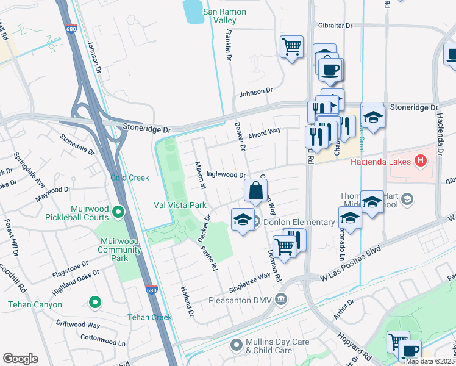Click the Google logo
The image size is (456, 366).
click(20, 359)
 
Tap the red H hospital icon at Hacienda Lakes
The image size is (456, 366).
click(420, 162)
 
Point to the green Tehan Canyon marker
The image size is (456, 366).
click(94, 301)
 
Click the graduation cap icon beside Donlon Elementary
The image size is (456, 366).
click(243, 220)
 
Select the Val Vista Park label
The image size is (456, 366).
click(180, 205)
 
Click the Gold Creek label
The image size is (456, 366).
click(130, 178)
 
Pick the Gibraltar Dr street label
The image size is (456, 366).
click(335, 26)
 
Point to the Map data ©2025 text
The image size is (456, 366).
click(430, 361)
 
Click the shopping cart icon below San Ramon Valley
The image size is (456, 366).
click(292, 46)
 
